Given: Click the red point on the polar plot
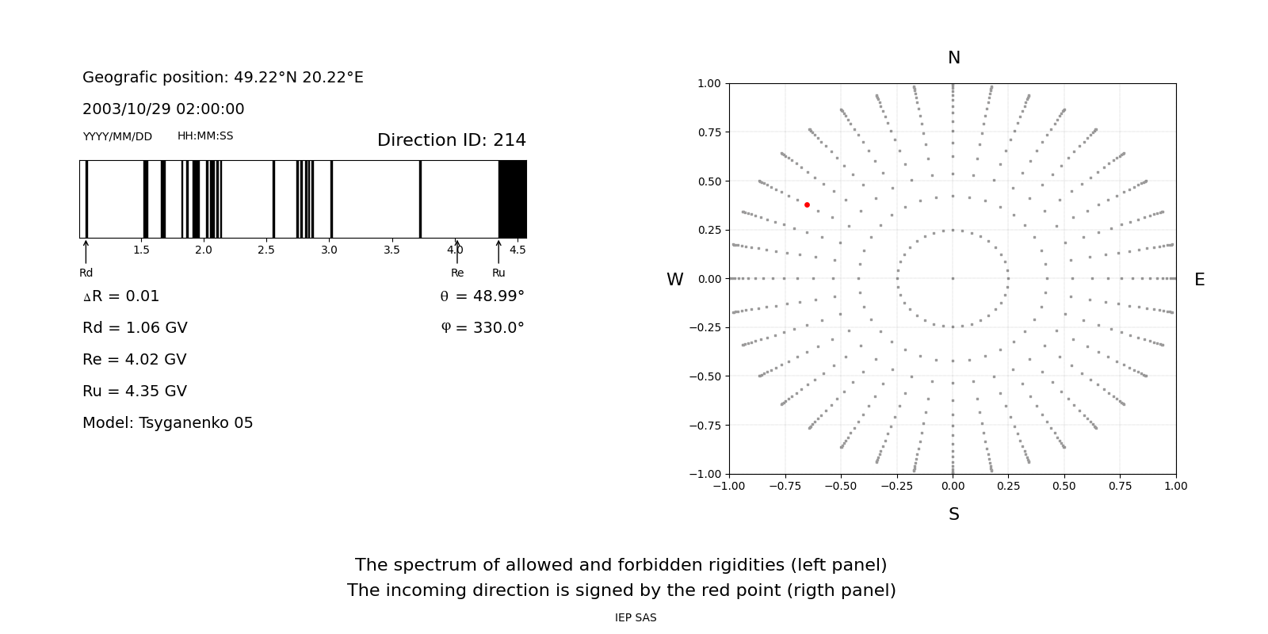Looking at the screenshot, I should click(807, 204).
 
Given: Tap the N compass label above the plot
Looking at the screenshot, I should click(953, 58).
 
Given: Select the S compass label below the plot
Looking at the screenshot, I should click(953, 514).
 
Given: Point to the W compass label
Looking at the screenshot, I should click(674, 280).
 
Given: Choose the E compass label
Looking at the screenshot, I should click(1199, 280).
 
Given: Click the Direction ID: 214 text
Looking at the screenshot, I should click(451, 140).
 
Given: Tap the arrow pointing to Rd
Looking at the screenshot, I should click(86, 251).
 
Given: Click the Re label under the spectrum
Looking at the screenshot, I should click(457, 273).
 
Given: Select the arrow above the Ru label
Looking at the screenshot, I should click(498, 251).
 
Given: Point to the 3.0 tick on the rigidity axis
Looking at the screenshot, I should click(329, 250).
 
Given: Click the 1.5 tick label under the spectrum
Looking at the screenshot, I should click(141, 250).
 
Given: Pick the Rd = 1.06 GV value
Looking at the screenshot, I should click(135, 328).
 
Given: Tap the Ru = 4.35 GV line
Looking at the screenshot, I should click(135, 391).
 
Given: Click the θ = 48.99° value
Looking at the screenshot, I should click(482, 296).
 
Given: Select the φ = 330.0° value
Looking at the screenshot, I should click(482, 328).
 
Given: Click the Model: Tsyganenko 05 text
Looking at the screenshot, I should click(167, 423).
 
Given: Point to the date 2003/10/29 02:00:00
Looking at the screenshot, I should click(163, 109).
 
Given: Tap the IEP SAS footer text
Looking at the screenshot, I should click(636, 617).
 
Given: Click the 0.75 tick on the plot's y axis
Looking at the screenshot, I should click(709, 132).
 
